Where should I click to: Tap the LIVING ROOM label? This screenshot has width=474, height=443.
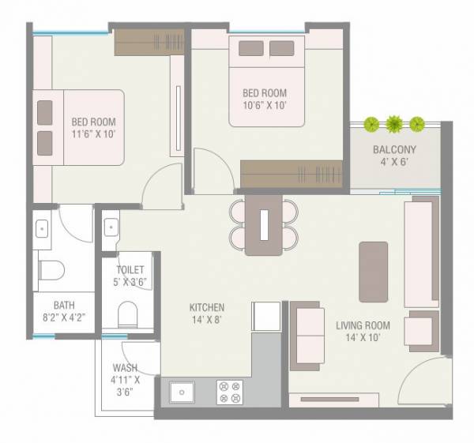(x=363, y=325)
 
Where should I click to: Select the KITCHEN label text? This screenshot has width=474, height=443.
(x=207, y=307)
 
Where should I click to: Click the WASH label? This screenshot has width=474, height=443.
(x=125, y=367)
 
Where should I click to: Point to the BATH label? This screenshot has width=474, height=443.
(x=65, y=304)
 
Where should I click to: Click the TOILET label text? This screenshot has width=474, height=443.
(x=130, y=270)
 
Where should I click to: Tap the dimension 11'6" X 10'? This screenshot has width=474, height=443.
(x=93, y=135)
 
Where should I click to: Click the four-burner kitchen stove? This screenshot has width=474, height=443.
(x=228, y=392)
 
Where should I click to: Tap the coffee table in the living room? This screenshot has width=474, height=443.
(x=373, y=272)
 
